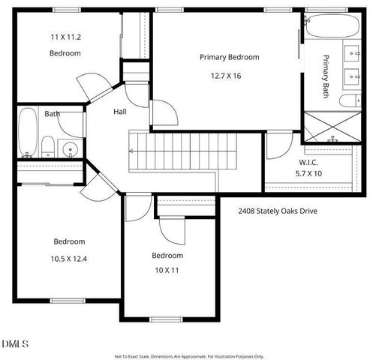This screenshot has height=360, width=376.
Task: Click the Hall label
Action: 119,112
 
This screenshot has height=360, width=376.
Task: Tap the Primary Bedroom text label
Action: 229,57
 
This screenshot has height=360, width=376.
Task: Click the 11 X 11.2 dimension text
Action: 65,36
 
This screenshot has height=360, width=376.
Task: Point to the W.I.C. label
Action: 309,162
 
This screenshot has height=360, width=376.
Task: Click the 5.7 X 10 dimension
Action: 309,174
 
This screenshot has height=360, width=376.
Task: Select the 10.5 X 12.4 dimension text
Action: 69,259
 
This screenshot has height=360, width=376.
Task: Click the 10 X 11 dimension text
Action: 167,270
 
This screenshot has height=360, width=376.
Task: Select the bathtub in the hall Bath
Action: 28,133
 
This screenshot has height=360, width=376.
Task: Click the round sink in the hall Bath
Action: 71,148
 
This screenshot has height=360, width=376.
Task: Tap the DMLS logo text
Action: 15,344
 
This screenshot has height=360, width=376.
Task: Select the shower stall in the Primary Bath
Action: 329,127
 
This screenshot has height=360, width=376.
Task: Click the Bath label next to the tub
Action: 52,114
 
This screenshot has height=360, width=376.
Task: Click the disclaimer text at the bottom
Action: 189,356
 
